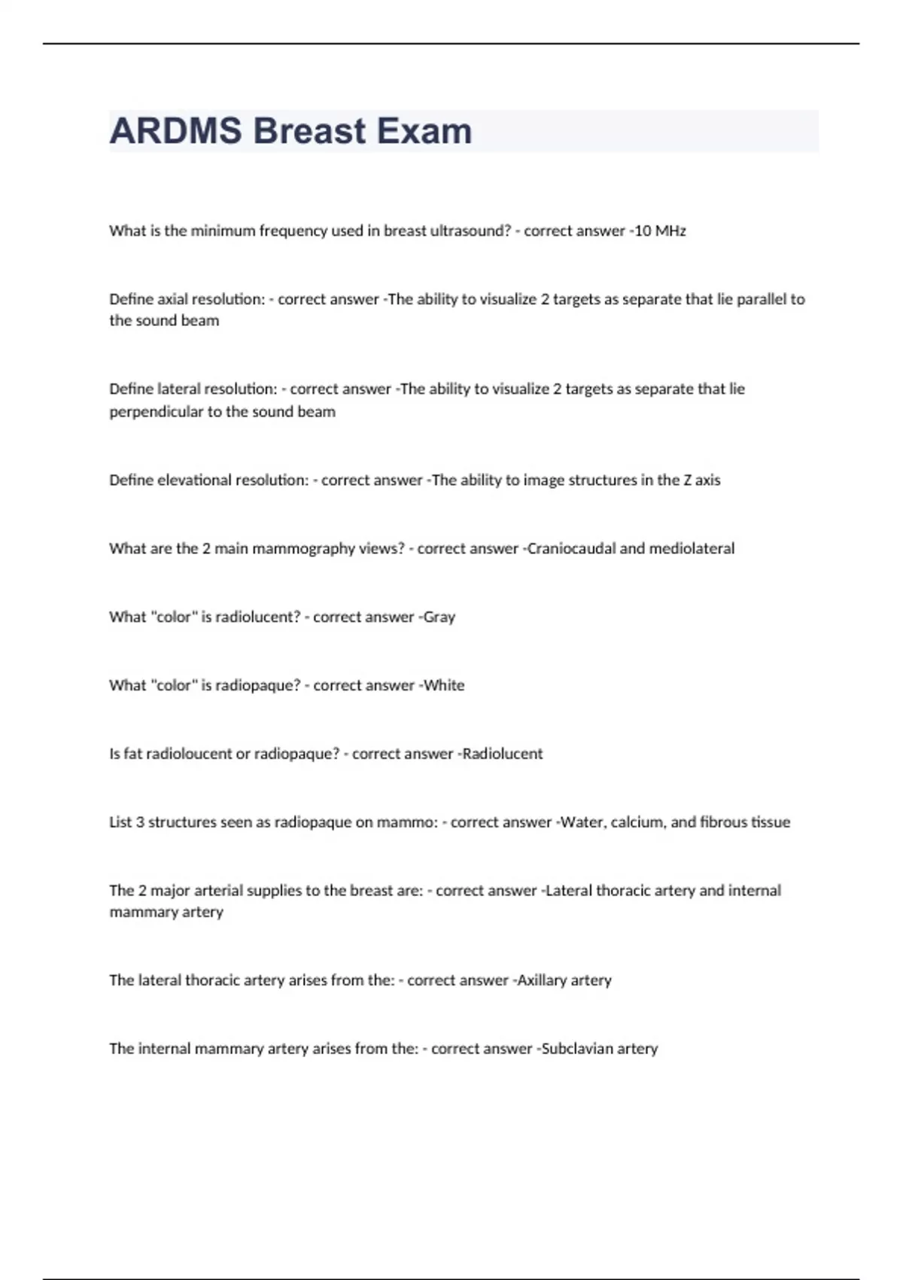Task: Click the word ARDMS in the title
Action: point(175,131)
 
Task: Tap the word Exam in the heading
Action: point(424,131)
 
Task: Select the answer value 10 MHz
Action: point(660,231)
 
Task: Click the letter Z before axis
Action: point(688,480)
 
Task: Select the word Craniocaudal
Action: point(570,549)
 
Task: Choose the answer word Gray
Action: point(439,617)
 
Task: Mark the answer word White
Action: point(444,686)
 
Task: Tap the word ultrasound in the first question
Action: point(470,231)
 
